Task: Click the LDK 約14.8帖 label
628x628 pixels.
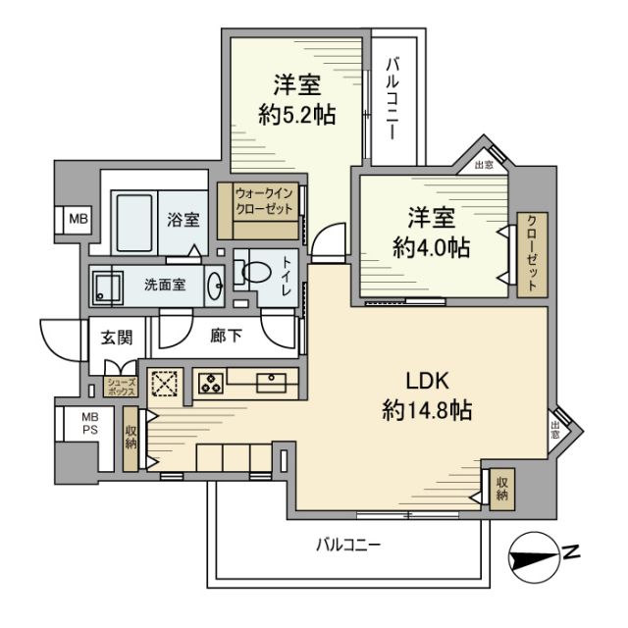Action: click(427, 394)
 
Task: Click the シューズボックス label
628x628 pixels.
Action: click(120, 386)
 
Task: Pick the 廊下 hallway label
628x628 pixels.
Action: click(227, 335)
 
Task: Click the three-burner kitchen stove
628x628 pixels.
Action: click(210, 383)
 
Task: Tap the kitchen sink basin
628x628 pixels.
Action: click(269, 382)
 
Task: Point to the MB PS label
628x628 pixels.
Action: click(75, 425)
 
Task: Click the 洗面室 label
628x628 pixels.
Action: click(164, 286)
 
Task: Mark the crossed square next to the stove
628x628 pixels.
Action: click(163, 383)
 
